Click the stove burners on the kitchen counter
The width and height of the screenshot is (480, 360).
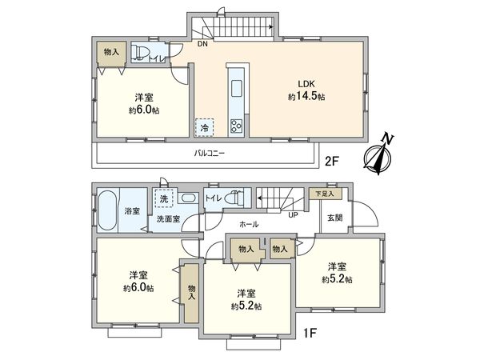point(237,125)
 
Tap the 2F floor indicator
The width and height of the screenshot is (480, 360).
point(331,161)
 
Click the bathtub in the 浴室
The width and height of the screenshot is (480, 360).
point(108,210)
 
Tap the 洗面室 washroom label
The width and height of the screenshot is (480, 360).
point(166,218)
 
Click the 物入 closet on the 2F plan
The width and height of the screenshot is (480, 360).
point(110,52)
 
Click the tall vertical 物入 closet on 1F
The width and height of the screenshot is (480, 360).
point(191,292)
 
